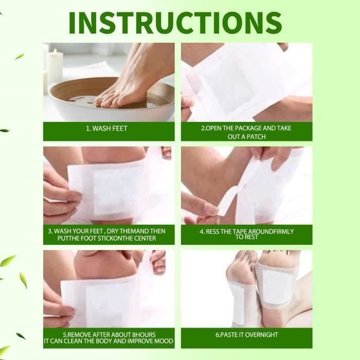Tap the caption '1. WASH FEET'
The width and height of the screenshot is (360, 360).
pyautogui.click(x=107, y=129)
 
